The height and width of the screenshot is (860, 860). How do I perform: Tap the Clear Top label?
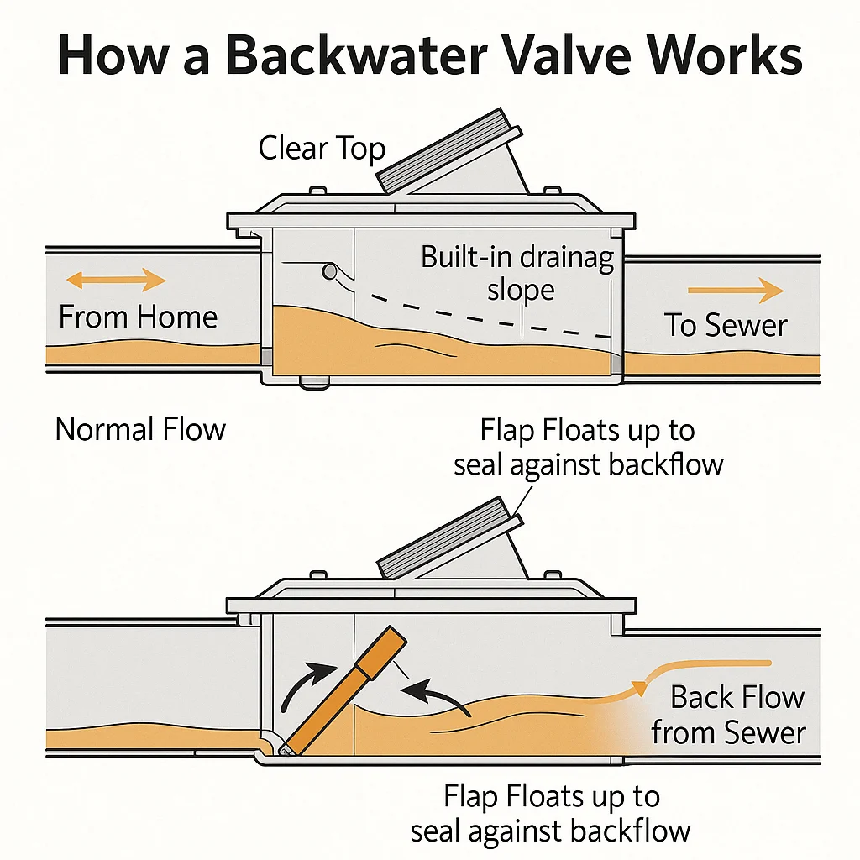pos(322,149)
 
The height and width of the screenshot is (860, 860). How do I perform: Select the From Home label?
pos(138,317)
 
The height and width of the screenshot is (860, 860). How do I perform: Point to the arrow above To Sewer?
pos(736,291)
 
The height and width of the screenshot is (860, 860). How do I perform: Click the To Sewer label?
pos(726,326)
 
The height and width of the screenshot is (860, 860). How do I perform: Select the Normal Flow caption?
pos(140,429)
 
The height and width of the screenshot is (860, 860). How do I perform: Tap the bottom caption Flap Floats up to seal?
pos(551,813)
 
